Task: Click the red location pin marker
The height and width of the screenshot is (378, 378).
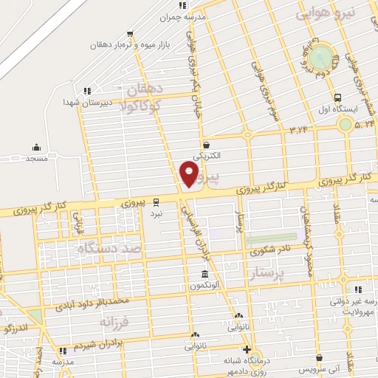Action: tap(190, 175)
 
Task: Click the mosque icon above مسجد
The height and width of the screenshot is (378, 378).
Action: tap(36, 148)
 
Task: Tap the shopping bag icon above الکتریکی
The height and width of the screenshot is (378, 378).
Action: tap(206, 145)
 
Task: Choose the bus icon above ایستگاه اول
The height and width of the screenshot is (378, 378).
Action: tap(338, 97)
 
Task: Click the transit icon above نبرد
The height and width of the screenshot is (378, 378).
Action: tap(156, 202)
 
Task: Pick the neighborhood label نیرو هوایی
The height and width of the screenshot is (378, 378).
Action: tap(325, 13)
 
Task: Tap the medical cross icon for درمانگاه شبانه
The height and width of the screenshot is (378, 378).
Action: tap(247, 350)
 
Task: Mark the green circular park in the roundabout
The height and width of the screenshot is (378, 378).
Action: tap(321, 55)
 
